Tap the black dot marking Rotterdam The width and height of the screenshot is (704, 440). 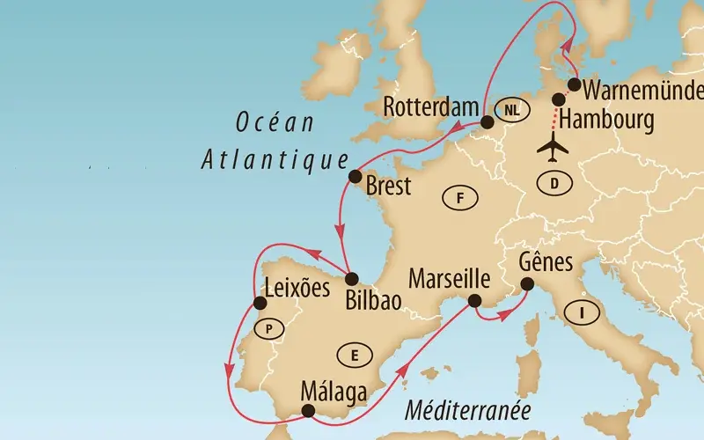click(487, 123)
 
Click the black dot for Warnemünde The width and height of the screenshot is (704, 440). click(574, 85)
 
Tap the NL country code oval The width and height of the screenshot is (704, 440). click(511, 110)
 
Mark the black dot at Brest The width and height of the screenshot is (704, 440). click(356, 177)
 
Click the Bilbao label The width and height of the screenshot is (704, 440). click(374, 299)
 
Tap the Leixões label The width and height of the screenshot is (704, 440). click(297, 287)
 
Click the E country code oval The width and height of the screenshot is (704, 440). click(354, 355)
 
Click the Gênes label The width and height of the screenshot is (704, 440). click(546, 262)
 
